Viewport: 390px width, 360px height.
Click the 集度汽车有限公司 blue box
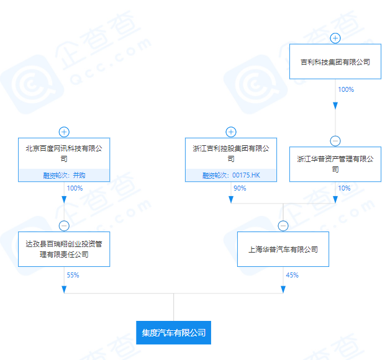[x=174, y=333]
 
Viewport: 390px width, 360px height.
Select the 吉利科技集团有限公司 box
[x=335, y=61]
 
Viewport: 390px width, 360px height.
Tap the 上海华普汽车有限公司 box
[x=283, y=249]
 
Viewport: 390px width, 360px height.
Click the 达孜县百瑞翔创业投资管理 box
[x=64, y=249]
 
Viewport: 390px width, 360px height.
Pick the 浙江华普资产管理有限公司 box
[x=335, y=164]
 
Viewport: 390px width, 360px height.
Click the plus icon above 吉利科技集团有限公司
[x=335, y=38]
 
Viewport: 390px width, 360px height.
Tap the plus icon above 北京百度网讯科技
[x=64, y=132]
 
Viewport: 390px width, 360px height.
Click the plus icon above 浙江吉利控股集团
[x=231, y=132]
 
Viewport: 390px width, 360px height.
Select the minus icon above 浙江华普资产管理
[x=335, y=141]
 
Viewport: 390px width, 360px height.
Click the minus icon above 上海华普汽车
[x=283, y=226]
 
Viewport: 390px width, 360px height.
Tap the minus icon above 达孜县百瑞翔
[x=64, y=226]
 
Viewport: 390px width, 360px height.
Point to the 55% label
[x=73, y=275]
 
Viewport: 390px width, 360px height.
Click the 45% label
[x=292, y=275]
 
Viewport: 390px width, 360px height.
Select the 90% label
[x=240, y=188]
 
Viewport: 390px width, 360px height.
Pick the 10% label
[x=344, y=188]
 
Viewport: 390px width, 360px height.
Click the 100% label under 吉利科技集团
[x=346, y=89]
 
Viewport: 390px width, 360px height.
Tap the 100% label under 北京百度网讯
[x=75, y=188]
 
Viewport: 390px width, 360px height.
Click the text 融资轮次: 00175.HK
[x=231, y=175]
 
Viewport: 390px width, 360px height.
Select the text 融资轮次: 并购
[x=64, y=175]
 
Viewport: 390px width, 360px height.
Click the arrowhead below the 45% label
[x=283, y=289]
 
